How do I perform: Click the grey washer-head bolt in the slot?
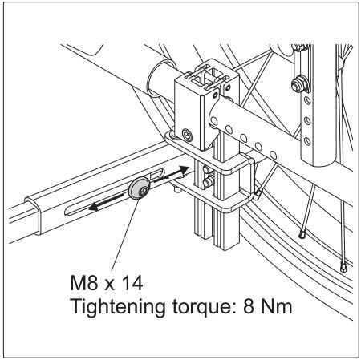point(139,188)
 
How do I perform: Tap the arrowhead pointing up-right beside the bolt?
point(184,170)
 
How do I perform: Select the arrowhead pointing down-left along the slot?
point(94,207)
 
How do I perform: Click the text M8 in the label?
point(84,283)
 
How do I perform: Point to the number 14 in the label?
point(132,283)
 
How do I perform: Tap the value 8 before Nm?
point(249,306)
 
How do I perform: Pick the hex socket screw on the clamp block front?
point(188,135)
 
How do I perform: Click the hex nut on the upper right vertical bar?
point(299,84)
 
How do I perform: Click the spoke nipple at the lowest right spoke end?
point(343,267)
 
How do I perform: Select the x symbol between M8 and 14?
point(109,285)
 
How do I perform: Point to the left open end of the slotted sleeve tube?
point(34,216)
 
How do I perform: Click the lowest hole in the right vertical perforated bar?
point(306,141)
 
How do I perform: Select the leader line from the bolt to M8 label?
point(125,235)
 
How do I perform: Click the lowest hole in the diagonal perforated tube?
point(273,154)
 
